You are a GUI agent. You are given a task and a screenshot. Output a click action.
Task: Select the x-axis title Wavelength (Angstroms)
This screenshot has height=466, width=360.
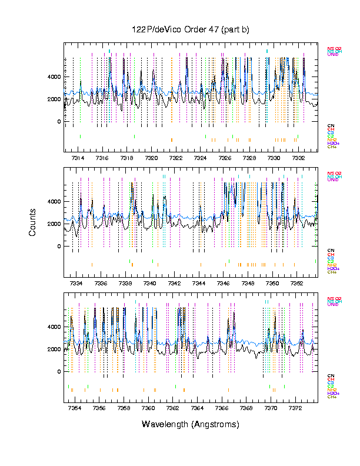[191, 424]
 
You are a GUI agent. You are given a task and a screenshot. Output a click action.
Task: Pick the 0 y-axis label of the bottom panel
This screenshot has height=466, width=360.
[59, 372]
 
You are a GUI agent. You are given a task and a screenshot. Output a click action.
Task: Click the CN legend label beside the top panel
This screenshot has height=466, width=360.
[331, 125]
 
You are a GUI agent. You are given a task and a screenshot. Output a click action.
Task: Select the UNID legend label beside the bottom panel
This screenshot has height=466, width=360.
[333, 305]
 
